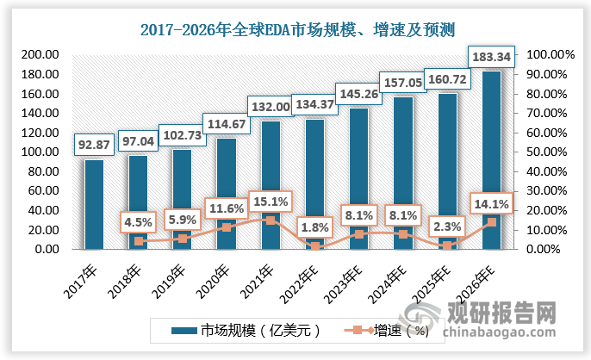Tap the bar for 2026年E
491,160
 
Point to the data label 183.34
491,57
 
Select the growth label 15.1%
270,202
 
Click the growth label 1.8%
314,227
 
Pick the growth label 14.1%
491,204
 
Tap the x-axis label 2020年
213,275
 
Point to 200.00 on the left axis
40,54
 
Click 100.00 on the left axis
40,152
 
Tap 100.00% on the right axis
547,54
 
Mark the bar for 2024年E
402,172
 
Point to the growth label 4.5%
138,222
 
